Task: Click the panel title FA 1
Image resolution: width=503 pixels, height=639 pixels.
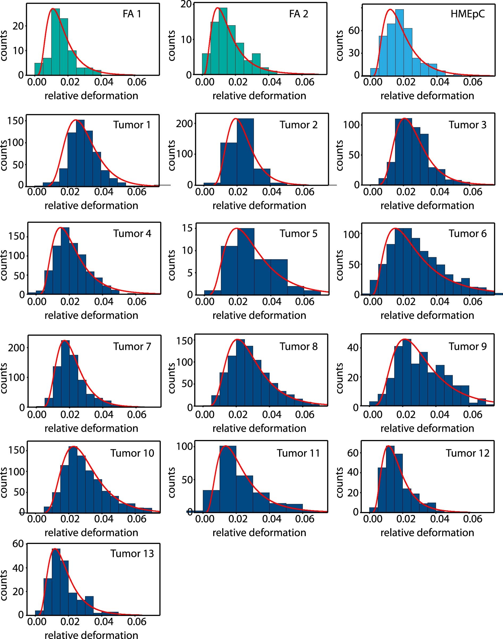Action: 132,14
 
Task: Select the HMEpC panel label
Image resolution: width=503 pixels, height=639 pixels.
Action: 467,14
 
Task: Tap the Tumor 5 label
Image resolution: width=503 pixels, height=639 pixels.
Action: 298,233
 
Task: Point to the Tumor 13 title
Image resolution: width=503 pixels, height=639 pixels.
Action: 132,554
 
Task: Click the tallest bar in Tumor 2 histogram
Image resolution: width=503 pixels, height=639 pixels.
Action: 245,152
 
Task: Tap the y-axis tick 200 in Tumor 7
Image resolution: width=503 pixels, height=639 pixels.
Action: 16,348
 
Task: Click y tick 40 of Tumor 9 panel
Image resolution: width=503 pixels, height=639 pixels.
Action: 353,348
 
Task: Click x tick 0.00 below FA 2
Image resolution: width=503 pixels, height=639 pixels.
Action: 204,82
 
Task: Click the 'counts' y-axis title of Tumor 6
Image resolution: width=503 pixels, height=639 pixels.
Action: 339,265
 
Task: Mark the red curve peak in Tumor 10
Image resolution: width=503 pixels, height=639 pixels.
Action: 74,446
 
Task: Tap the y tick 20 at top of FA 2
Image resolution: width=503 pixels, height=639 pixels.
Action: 186,4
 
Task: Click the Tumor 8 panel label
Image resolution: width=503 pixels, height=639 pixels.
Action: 298,346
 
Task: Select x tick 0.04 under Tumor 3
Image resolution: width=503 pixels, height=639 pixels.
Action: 439,192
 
